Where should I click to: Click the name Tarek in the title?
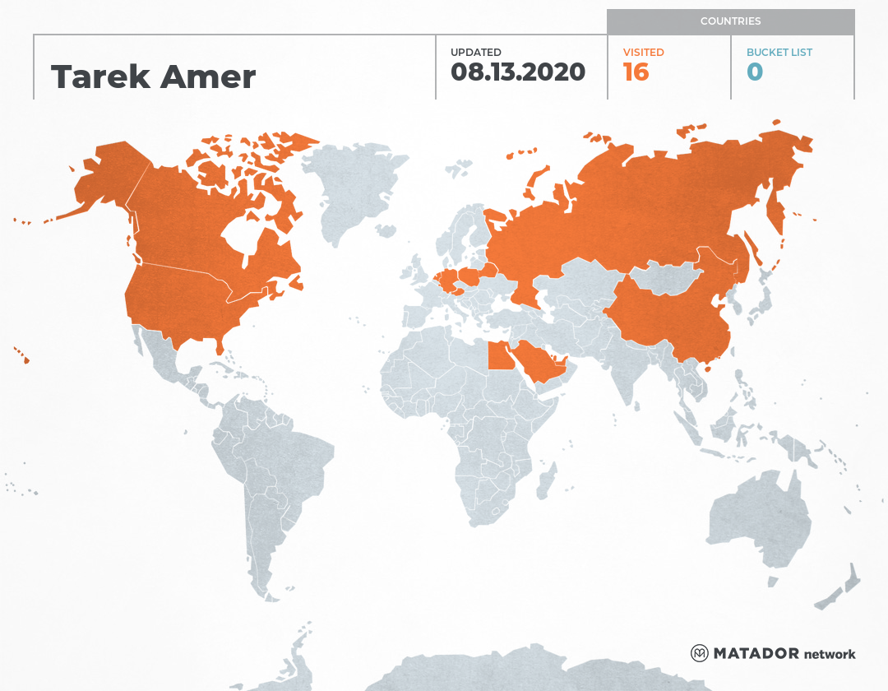tap(100, 77)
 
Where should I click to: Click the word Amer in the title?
tap(208, 77)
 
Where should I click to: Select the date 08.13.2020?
tap(518, 72)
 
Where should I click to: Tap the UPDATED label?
tap(475, 53)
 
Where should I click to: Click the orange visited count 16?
tap(636, 72)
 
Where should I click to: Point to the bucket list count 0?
tap(755, 72)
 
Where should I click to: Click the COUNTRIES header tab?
tap(730, 21)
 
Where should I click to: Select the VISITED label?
tap(643, 53)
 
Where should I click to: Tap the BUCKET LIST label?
tap(779, 53)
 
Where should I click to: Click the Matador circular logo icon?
tap(700, 653)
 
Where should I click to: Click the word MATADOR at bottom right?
tap(756, 654)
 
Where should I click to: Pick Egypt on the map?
tap(498, 356)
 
